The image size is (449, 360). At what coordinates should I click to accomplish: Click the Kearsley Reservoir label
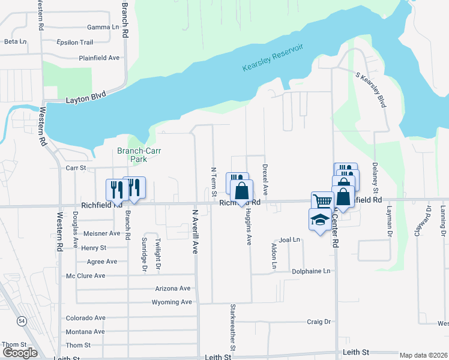pyautogui.click(x=273, y=58)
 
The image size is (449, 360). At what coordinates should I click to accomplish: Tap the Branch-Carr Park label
pyautogui.click(x=131, y=155)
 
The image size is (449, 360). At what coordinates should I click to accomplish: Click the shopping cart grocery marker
pyautogui.click(x=322, y=202)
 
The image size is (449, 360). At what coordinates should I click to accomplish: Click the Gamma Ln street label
pyautogui.click(x=103, y=27)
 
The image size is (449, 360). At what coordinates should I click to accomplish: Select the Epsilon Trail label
pyautogui.click(x=74, y=43)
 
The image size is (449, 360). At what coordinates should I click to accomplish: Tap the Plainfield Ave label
pyautogui.click(x=99, y=58)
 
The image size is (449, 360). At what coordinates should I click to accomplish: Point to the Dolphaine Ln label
pyautogui.click(x=312, y=271)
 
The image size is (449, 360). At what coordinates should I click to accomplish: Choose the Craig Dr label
pyautogui.click(x=319, y=322)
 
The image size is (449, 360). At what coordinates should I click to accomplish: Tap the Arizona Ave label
pyautogui.click(x=172, y=289)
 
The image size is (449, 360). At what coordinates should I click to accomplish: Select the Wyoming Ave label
pyautogui.click(x=171, y=302)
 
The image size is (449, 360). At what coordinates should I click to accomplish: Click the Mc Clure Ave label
pyautogui.click(x=85, y=276)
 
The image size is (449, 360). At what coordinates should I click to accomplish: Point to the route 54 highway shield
pyautogui.click(x=22, y=322)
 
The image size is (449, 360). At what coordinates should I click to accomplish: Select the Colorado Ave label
pyautogui.click(x=85, y=318)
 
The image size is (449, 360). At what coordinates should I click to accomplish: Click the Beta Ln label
pyautogui.click(x=16, y=41)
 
